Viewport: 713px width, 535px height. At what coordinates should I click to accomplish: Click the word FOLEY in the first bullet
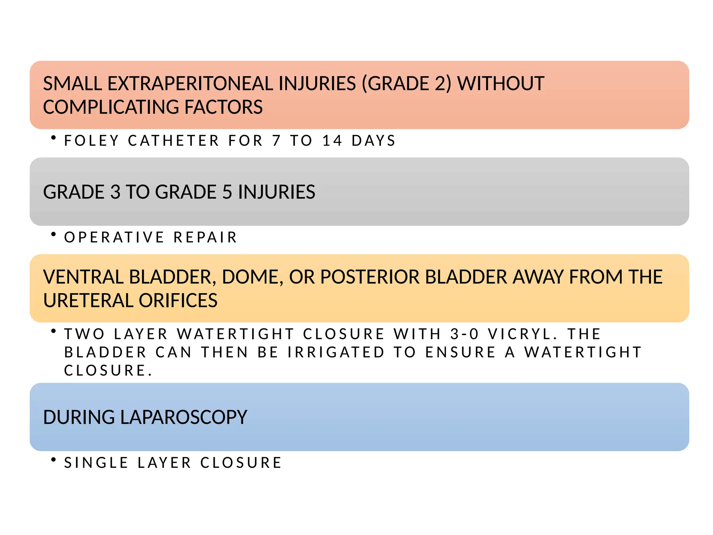[92, 141]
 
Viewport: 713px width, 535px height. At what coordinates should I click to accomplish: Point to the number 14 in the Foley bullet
[332, 141]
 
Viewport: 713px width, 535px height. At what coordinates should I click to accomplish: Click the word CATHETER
[173, 141]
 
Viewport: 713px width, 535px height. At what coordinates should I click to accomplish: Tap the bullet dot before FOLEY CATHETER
[53, 138]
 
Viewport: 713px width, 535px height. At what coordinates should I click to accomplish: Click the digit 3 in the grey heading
[115, 192]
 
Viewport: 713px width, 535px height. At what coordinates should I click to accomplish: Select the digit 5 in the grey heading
[227, 192]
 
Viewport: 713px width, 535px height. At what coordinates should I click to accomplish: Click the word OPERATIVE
[114, 238]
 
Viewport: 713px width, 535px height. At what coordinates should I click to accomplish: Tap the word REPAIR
[205, 238]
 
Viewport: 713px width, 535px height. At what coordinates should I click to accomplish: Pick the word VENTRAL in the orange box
[83, 277]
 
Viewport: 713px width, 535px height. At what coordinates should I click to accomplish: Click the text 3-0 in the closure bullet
[464, 334]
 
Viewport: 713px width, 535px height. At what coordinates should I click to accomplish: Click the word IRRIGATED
[336, 352]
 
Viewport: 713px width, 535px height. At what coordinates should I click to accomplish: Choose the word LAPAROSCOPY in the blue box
[183, 417]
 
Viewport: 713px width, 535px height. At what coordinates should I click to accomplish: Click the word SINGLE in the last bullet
[96, 463]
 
